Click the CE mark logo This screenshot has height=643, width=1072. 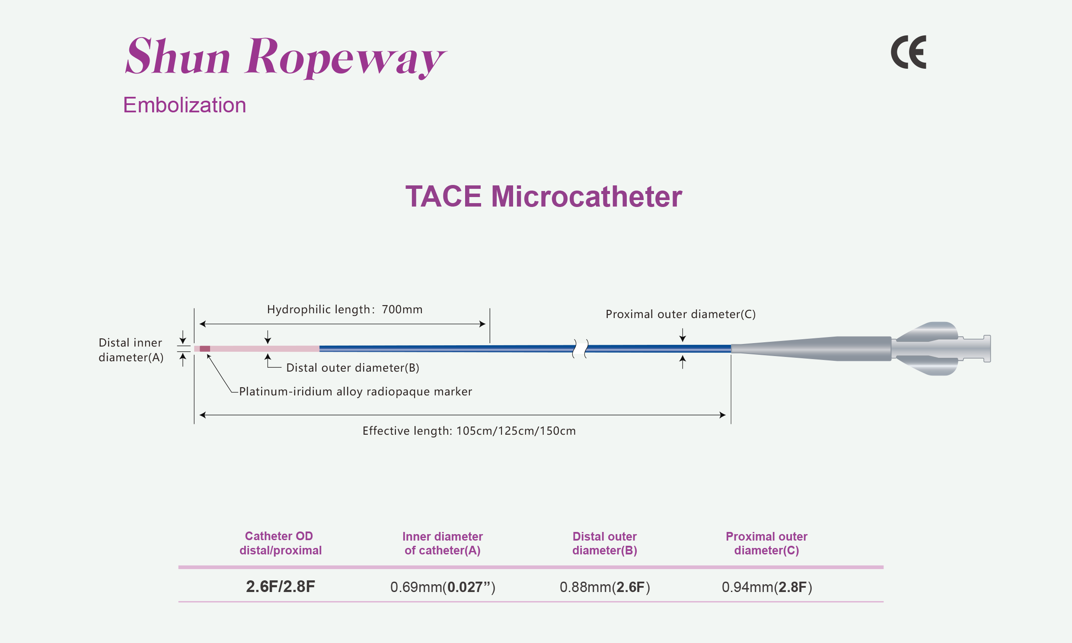tap(909, 52)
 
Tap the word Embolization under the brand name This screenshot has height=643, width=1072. tap(185, 105)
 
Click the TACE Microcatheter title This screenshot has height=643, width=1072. tap(543, 197)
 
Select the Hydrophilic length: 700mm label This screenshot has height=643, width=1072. tap(345, 309)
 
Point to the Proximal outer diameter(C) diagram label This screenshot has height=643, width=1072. tap(680, 314)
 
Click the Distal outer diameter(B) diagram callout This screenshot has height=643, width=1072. tap(353, 368)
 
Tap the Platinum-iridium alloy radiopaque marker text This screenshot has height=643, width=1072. tap(355, 392)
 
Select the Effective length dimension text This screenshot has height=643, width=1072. tap(469, 431)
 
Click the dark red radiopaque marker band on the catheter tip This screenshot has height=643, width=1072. tap(205, 349)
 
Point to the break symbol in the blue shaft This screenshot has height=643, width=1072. tap(580, 349)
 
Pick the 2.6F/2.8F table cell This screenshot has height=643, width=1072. tap(281, 587)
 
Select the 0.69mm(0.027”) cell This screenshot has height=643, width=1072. tap(442, 587)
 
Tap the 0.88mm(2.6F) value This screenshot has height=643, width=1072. tap(604, 587)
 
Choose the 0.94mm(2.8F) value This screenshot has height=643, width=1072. tap(766, 587)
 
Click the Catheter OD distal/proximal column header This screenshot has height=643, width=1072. tap(281, 543)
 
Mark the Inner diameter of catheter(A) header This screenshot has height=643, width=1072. tap(442, 543)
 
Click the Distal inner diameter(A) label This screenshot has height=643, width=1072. tap(131, 350)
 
